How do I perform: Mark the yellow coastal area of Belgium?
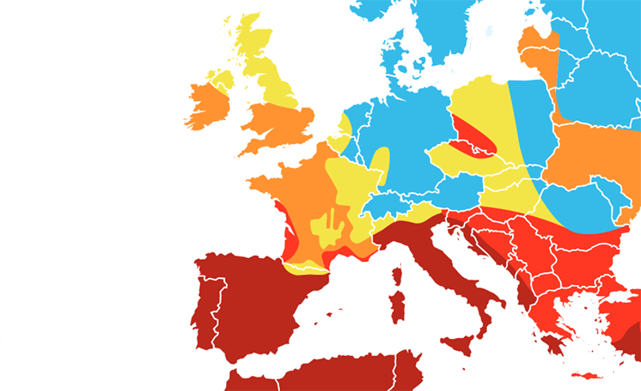344,127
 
